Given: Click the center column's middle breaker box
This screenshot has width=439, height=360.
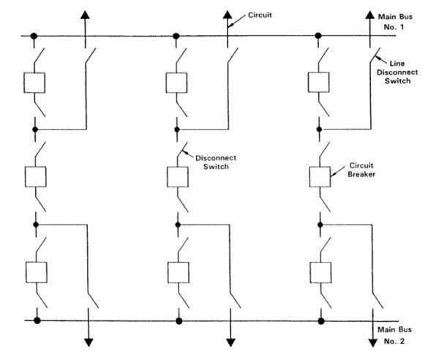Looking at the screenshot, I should tap(178, 177).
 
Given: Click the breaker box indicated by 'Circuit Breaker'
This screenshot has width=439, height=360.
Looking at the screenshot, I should tap(320, 177).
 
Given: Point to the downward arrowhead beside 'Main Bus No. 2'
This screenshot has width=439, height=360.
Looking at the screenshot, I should tap(372, 340).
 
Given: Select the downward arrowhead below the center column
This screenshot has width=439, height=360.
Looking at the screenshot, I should tap(230, 340).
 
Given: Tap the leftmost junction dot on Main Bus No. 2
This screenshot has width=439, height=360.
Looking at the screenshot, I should tap(36, 320).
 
